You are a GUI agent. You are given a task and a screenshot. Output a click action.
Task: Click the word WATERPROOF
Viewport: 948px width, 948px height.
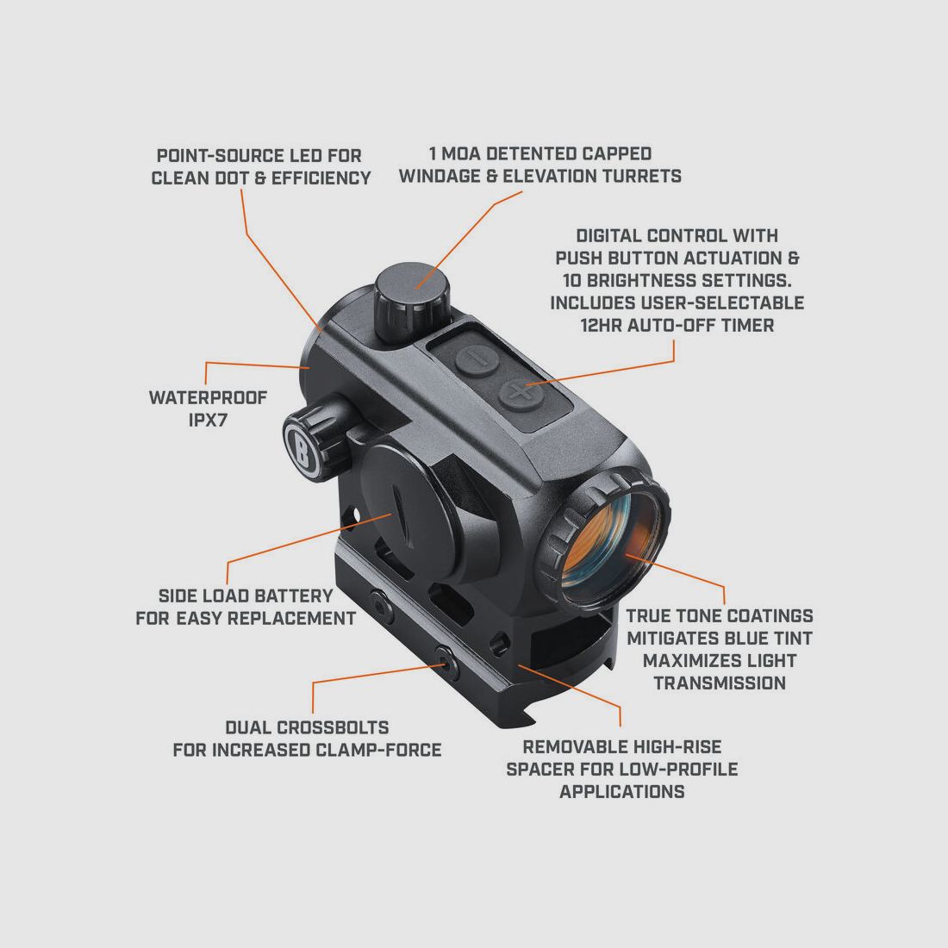click(208, 397)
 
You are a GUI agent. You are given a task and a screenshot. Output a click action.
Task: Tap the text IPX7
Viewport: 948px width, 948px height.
click(208, 421)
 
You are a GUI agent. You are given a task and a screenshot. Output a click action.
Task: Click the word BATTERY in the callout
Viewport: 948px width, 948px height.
click(292, 596)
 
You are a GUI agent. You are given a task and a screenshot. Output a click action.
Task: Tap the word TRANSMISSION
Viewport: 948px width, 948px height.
click(720, 683)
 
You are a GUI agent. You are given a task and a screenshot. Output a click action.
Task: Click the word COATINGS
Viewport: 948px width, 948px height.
click(769, 615)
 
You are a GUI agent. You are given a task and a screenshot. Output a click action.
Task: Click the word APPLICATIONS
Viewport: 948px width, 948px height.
click(622, 791)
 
